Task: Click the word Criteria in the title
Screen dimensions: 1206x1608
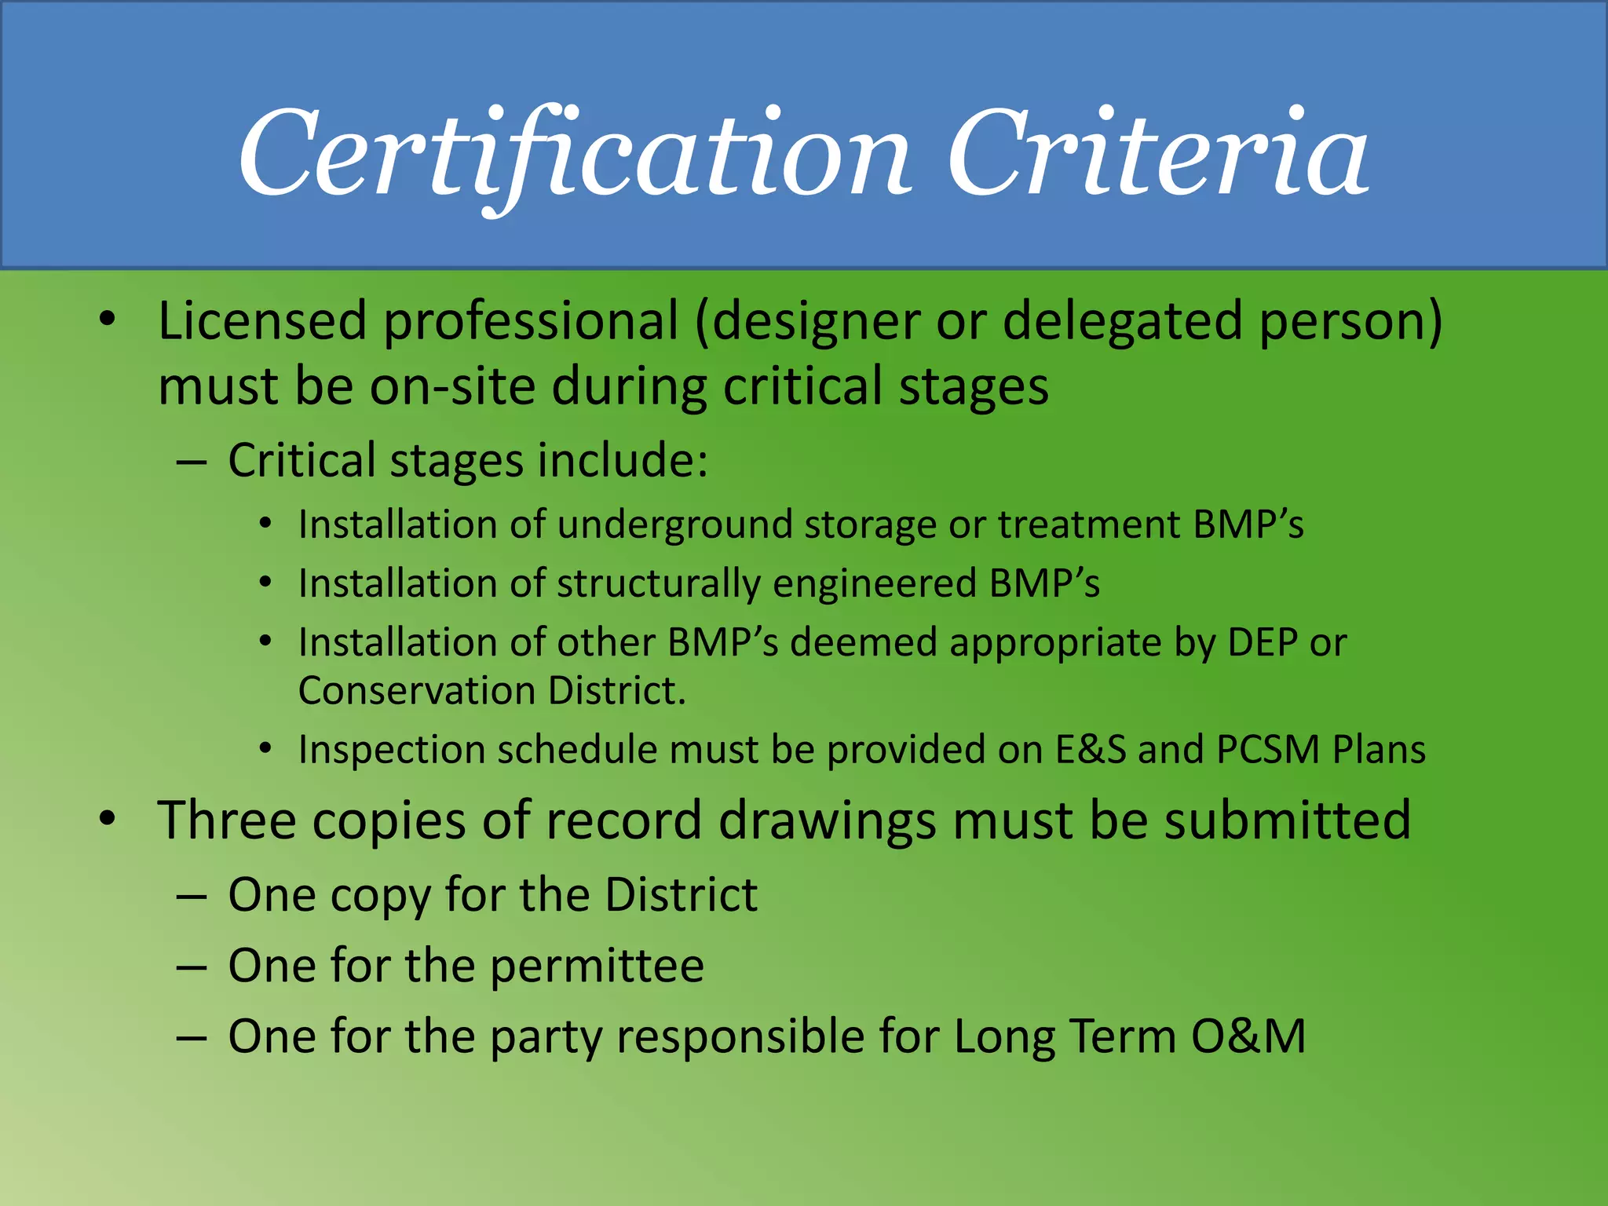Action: click(x=1159, y=153)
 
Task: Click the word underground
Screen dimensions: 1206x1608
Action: click(x=674, y=524)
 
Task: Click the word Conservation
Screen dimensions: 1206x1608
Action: click(x=417, y=691)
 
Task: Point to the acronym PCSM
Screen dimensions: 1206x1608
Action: click(x=1267, y=749)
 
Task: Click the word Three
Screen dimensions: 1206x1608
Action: click(x=227, y=820)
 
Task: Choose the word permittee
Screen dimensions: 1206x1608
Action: click(x=597, y=966)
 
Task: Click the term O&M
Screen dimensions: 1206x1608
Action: click(x=1248, y=1036)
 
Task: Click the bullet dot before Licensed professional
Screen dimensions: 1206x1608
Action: click(x=108, y=320)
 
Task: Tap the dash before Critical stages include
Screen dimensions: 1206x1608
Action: click(x=192, y=462)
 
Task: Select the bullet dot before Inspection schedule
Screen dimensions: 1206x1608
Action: click(x=266, y=749)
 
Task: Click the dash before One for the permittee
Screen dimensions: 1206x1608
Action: click(x=192, y=967)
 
